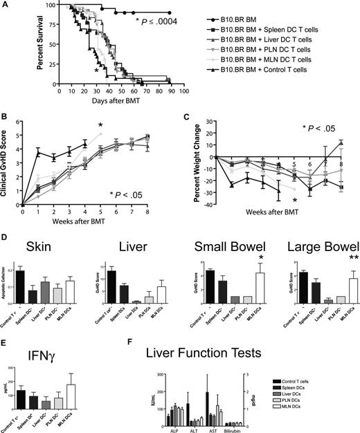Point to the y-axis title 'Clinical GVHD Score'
click(x=8, y=168)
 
